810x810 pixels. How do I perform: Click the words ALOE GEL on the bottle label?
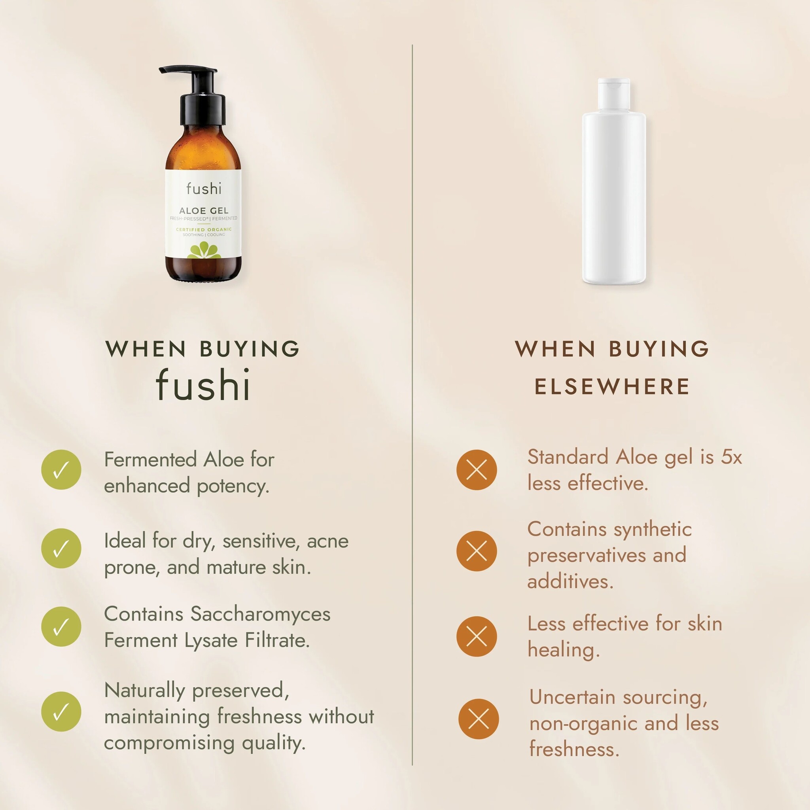click(204, 210)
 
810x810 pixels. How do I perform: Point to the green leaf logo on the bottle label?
click(204, 250)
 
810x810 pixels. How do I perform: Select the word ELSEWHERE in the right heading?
click(612, 386)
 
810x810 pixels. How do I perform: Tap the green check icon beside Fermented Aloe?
click(61, 469)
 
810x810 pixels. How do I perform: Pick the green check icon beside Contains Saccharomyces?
click(61, 626)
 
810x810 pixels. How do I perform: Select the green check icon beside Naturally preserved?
click(61, 712)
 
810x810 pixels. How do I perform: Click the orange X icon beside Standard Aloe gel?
click(477, 469)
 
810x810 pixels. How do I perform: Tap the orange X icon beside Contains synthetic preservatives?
click(477, 551)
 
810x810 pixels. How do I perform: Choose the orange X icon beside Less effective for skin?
click(477, 636)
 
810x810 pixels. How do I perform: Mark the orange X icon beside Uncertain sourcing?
click(479, 719)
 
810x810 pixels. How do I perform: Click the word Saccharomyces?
click(260, 615)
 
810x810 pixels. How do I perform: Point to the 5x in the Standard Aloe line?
click(732, 457)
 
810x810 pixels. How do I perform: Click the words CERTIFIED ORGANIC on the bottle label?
click(204, 229)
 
